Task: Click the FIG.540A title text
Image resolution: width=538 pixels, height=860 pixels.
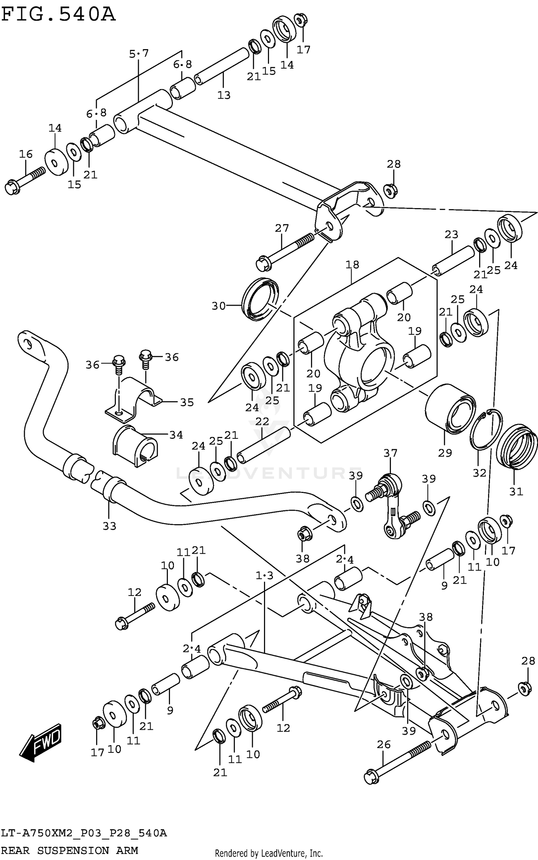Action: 58,15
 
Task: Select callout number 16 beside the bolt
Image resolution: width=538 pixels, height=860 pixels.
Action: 25,154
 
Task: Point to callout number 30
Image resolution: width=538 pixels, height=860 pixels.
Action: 218,306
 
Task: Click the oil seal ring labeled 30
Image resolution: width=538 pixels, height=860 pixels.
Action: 260,299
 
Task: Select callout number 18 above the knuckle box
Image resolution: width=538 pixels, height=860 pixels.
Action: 352,265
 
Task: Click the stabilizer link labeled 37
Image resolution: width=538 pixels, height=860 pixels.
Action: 393,506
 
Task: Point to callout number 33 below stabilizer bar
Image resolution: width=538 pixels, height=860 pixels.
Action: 109,526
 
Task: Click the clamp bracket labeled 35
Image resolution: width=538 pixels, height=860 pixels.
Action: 133,398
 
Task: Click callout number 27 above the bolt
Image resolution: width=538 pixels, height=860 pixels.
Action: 282,228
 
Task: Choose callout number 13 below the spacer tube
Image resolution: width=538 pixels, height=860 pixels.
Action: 224,95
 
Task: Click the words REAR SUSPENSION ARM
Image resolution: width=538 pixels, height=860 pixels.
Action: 70,850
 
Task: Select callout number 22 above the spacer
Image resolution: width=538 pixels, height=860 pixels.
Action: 262,422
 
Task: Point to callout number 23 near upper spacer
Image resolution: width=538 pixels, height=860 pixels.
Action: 451,235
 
